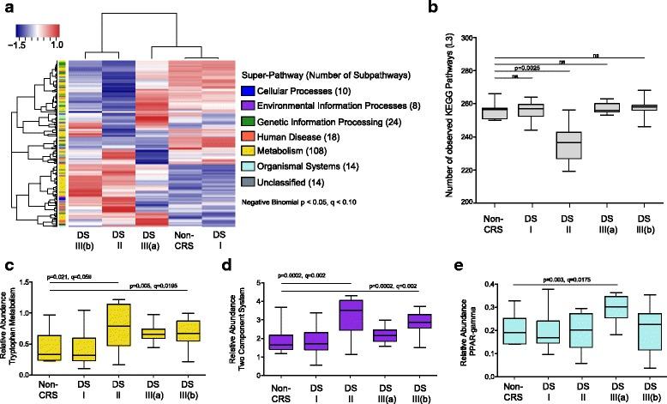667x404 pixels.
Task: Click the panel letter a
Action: click(x=9, y=8)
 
